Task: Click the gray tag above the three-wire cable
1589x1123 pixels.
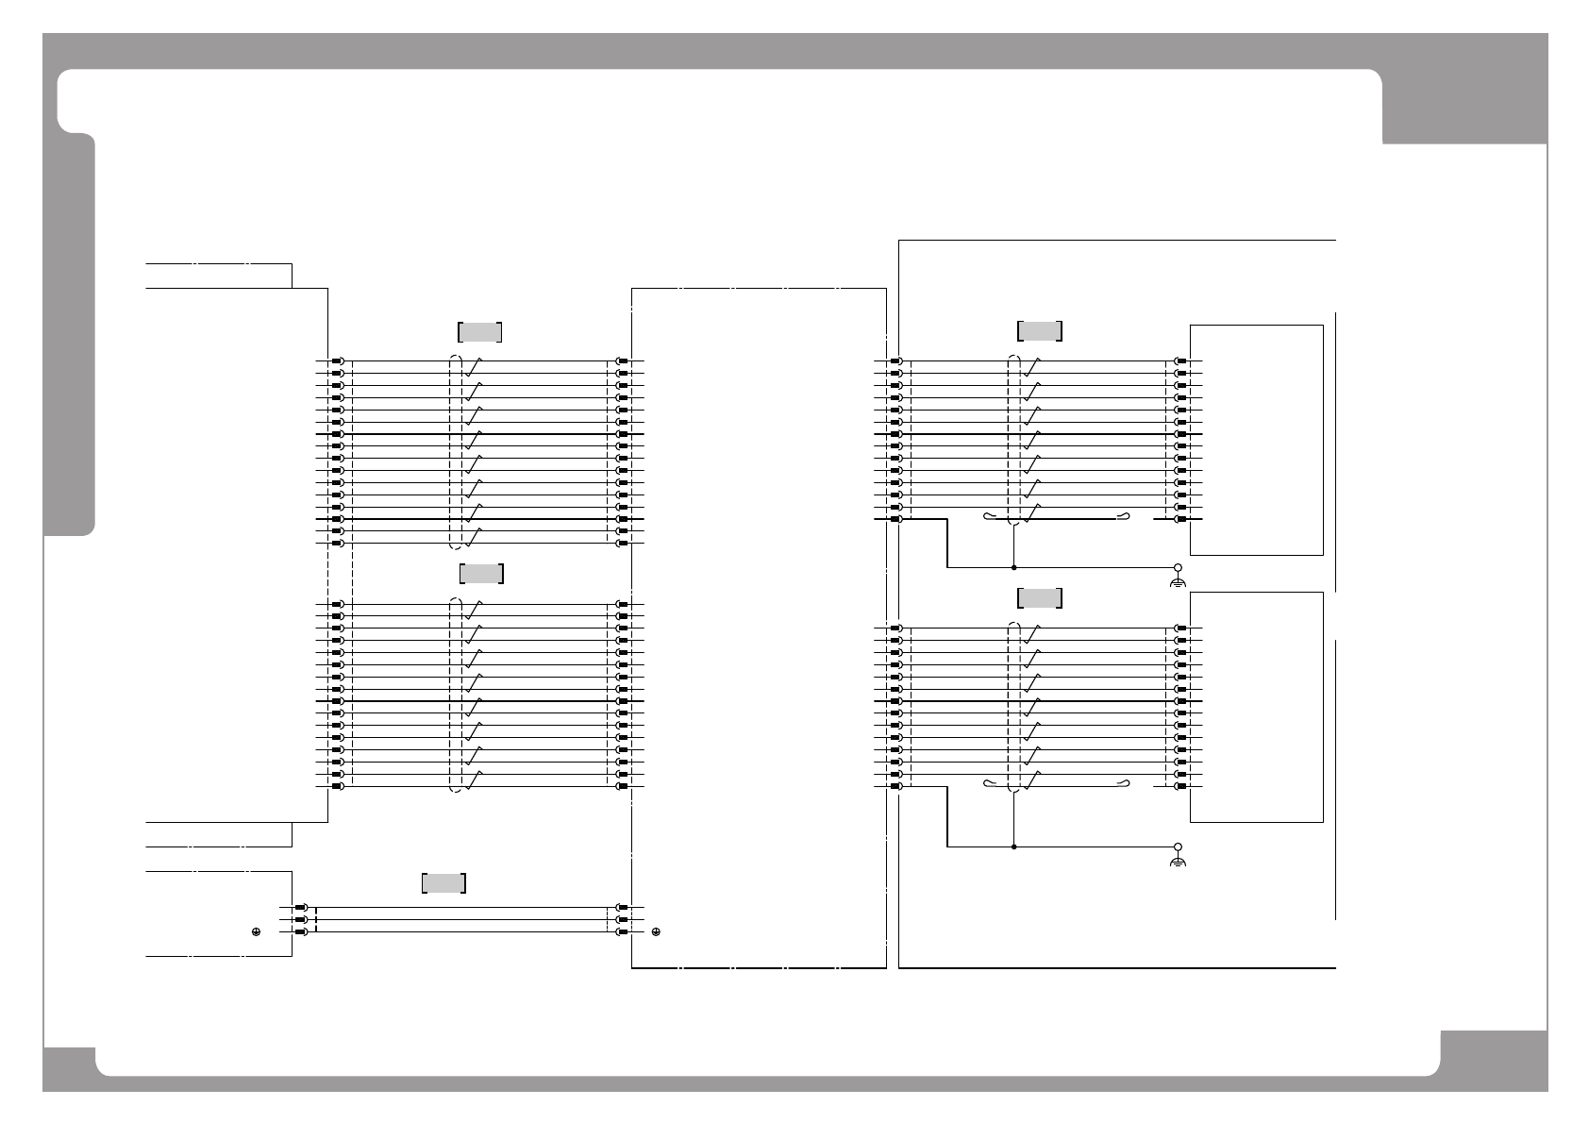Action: pyautogui.click(x=443, y=883)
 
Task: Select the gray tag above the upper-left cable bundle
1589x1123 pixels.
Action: pyautogui.click(x=479, y=332)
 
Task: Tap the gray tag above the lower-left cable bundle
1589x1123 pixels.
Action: pyautogui.click(x=481, y=574)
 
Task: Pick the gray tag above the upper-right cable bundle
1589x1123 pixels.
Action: pyautogui.click(x=1040, y=331)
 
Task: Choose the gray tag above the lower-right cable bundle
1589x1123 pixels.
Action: pyautogui.click(x=1040, y=598)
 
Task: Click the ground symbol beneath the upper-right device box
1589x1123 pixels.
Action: pyautogui.click(x=1178, y=583)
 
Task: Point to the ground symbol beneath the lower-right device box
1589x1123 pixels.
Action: pyautogui.click(x=1178, y=863)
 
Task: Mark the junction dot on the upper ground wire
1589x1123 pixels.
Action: pyautogui.click(x=1013, y=568)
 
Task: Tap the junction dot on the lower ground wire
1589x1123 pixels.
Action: pyautogui.click(x=1013, y=846)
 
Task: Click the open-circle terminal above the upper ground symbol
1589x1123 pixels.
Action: pyautogui.click(x=1178, y=568)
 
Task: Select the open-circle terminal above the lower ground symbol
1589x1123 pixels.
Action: pyautogui.click(x=1178, y=846)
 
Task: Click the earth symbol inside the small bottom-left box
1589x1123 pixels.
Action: pyautogui.click(x=256, y=931)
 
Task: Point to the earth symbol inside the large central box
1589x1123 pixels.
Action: pyautogui.click(x=656, y=931)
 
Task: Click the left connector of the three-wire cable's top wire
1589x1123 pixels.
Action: pyautogui.click(x=301, y=908)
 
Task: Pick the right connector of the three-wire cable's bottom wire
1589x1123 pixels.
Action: pyautogui.click(x=623, y=931)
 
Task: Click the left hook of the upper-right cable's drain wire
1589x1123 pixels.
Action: pyautogui.click(x=988, y=516)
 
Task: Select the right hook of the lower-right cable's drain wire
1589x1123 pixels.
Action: pyautogui.click(x=1126, y=783)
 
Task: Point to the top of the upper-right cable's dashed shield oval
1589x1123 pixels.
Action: pyautogui.click(x=1014, y=356)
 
